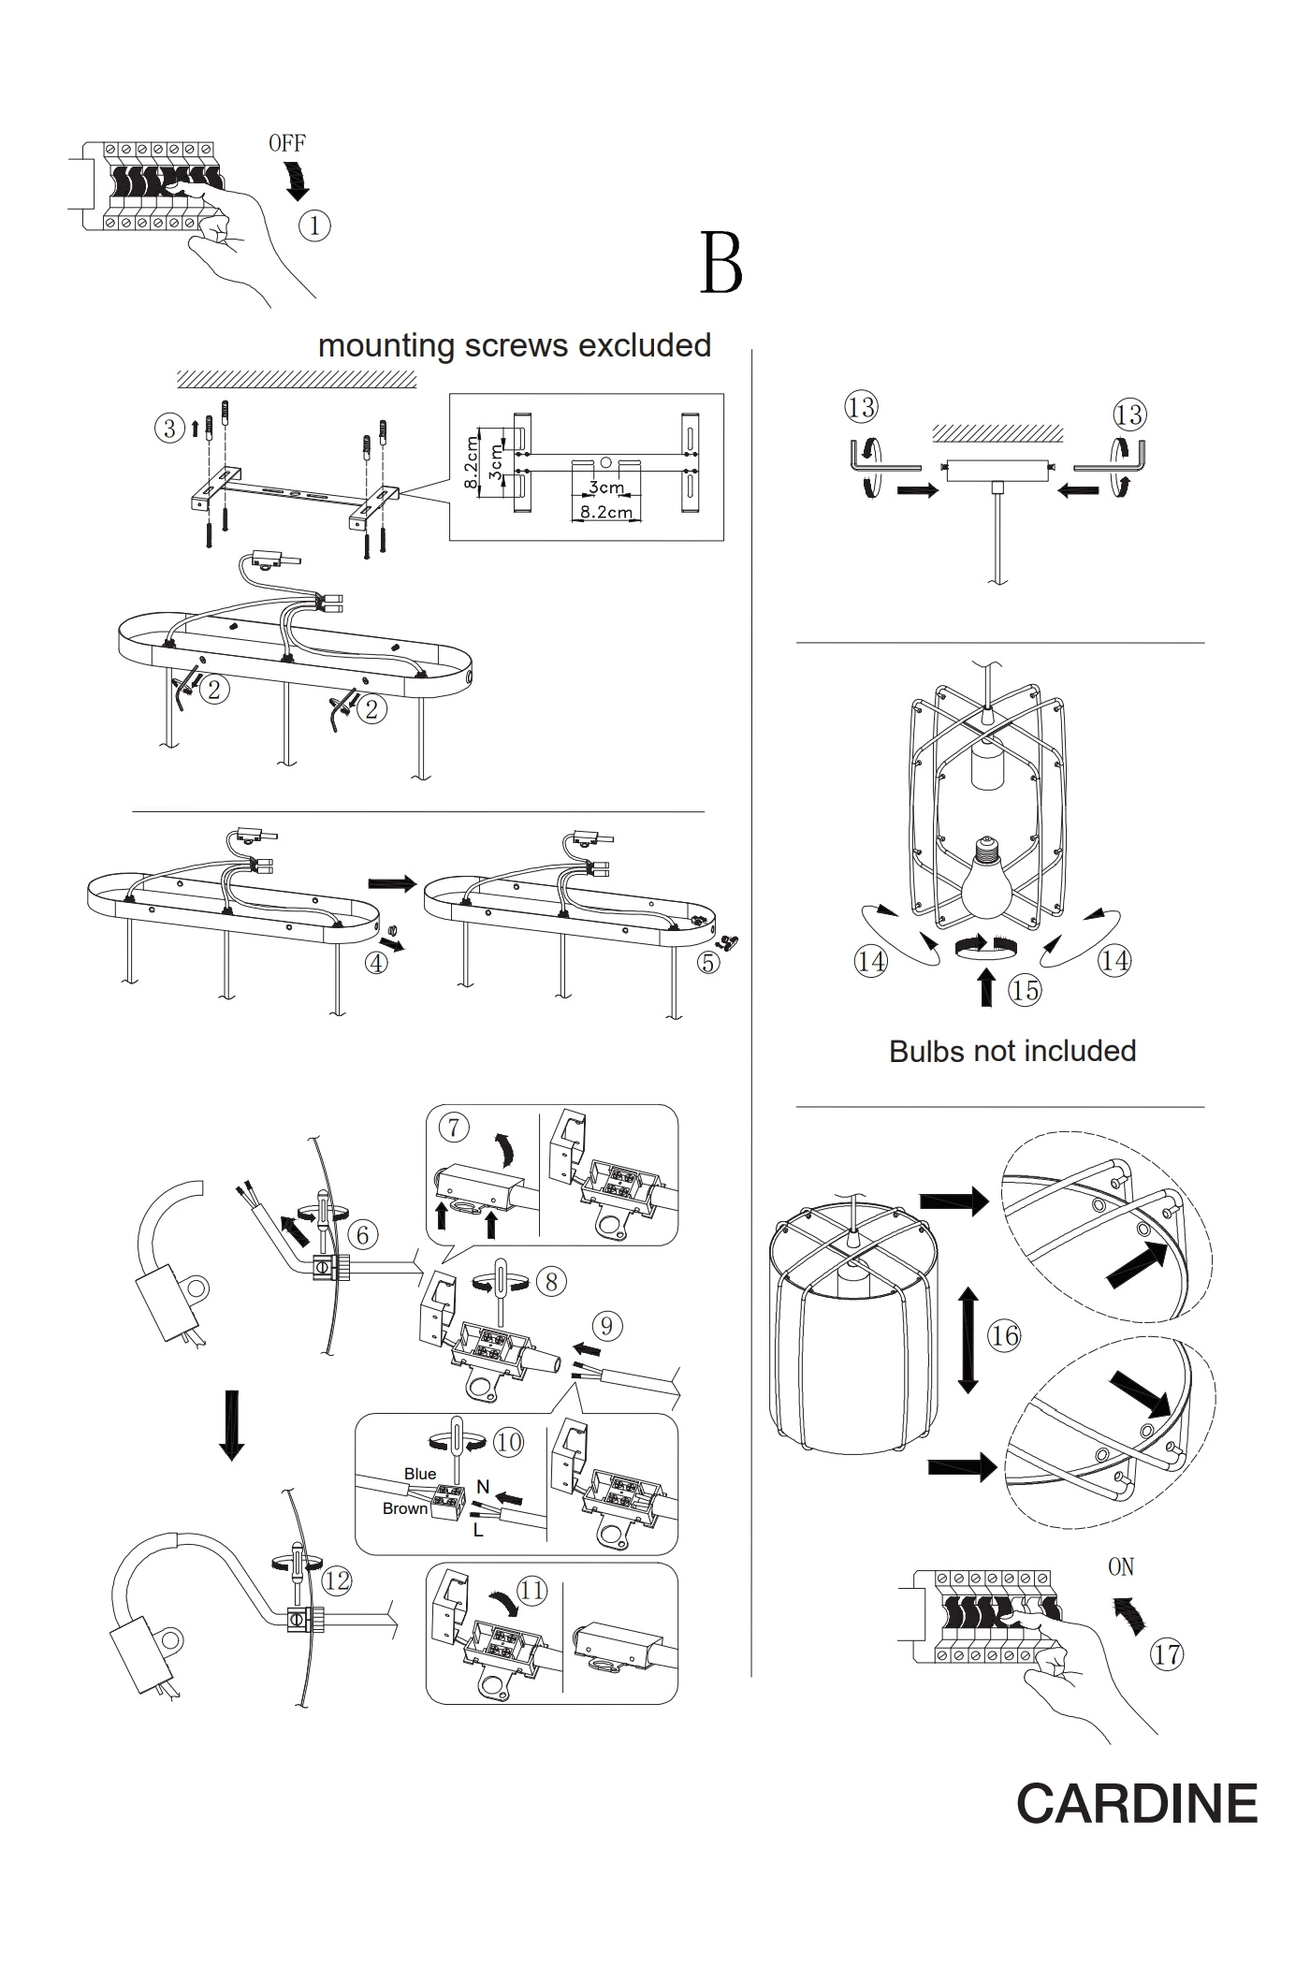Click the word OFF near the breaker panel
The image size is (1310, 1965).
(x=286, y=143)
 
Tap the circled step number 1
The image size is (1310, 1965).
(x=314, y=226)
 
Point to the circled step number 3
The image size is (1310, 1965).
(x=169, y=429)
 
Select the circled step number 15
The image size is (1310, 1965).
(x=1026, y=990)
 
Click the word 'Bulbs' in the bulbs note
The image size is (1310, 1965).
(x=924, y=1051)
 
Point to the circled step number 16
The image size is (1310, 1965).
(x=1004, y=1335)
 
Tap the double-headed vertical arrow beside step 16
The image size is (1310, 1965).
(x=968, y=1339)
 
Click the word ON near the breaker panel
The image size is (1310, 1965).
(x=1121, y=1566)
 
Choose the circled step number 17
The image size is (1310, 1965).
(x=1167, y=1653)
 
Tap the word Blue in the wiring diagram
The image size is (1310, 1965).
(x=420, y=1474)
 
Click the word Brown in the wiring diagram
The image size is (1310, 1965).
(x=405, y=1508)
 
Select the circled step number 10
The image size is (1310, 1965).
(x=508, y=1442)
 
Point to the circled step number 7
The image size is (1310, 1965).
(x=454, y=1128)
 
